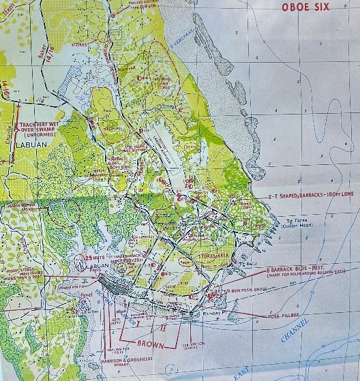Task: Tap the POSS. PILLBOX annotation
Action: click(x=280, y=318)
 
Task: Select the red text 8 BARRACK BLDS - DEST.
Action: click(x=297, y=270)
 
